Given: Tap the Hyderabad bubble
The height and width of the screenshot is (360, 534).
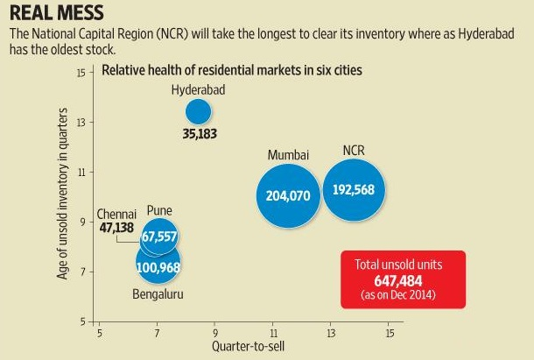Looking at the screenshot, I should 199,111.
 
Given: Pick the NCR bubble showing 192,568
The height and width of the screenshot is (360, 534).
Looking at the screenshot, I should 355,191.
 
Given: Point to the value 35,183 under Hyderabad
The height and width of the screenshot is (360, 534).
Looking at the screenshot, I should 200,134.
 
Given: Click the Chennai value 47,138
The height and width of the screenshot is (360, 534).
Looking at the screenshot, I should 116,226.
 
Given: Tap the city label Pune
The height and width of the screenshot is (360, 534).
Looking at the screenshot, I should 159,210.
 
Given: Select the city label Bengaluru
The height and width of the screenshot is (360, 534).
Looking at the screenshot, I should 158,293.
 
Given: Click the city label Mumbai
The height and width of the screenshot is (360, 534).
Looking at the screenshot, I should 289,155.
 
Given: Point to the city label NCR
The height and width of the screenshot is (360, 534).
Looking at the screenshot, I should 354,150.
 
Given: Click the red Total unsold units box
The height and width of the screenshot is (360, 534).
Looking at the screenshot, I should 403,279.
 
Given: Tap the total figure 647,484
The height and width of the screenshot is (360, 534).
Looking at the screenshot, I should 403,280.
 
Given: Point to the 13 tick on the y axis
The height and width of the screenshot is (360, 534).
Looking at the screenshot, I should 81,122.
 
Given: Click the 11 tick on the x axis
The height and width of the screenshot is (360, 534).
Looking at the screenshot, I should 272,334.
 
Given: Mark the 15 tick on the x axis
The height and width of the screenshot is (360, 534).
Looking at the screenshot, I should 388,334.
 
